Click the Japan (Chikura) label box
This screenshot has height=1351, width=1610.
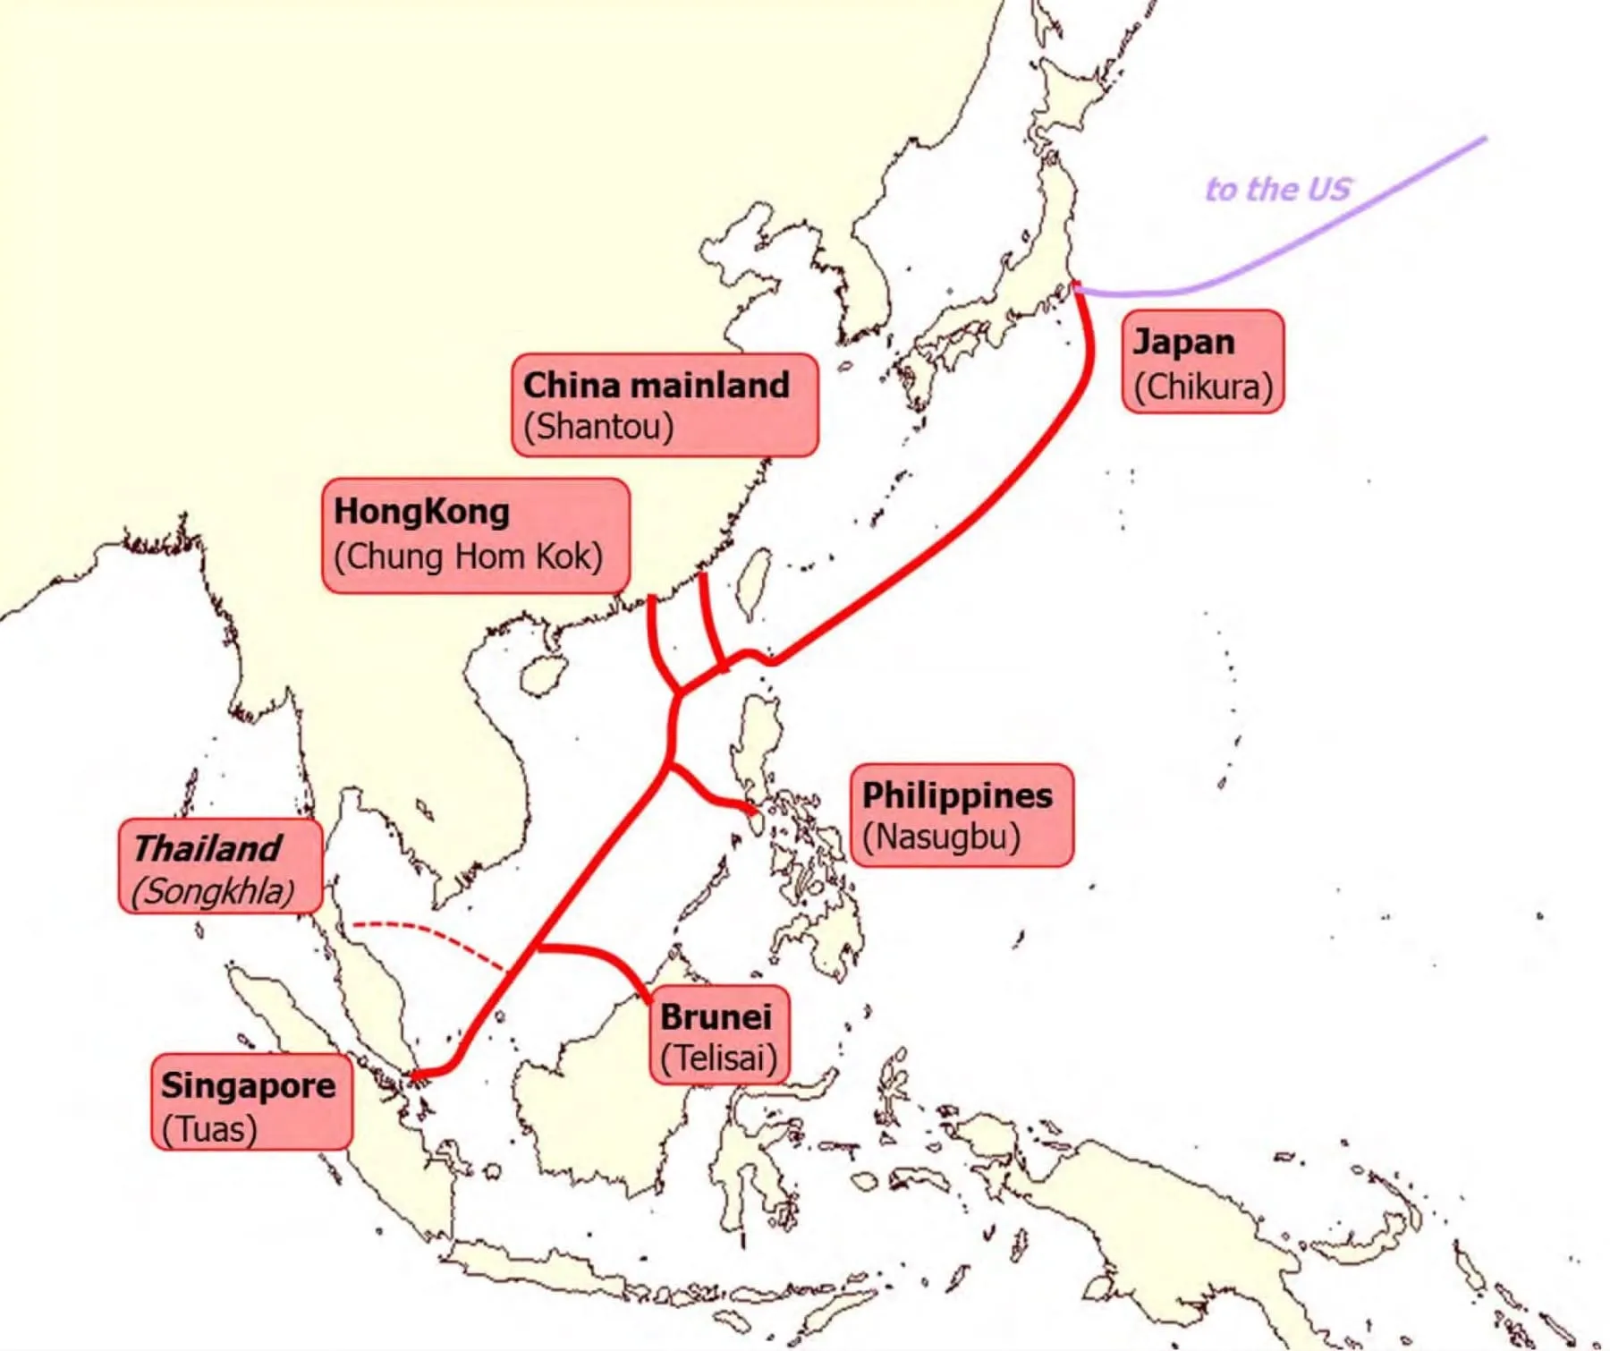coord(1202,361)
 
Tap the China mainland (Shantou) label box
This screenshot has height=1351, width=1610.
coord(665,404)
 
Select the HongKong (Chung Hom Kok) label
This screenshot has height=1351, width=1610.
coord(475,535)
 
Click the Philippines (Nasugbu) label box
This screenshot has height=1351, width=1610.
coord(961,815)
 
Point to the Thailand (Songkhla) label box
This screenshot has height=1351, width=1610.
coord(220,866)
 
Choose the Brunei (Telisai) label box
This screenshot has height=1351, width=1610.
coord(719,1035)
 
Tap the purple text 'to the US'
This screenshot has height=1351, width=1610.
coord(1277,190)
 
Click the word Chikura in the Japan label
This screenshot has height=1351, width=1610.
coord(1202,387)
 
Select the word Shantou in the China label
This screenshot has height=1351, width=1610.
coord(598,426)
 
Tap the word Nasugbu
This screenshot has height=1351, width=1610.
coord(941,837)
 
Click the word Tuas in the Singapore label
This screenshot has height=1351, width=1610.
coord(211,1129)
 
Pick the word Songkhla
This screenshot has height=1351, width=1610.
coord(214,891)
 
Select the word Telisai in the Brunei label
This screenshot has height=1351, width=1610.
coord(718,1058)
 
